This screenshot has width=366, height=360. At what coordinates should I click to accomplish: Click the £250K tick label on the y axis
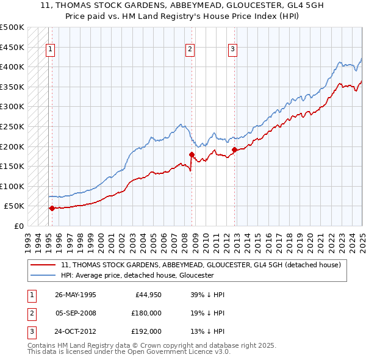(x=12, y=126)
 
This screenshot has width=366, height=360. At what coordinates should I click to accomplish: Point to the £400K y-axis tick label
(x=12, y=67)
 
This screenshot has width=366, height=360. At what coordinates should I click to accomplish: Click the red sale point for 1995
(x=52, y=208)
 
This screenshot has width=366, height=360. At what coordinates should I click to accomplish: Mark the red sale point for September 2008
(x=192, y=154)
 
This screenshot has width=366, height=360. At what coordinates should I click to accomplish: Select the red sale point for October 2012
(x=234, y=149)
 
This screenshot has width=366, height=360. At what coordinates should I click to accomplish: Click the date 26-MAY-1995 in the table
(x=76, y=295)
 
